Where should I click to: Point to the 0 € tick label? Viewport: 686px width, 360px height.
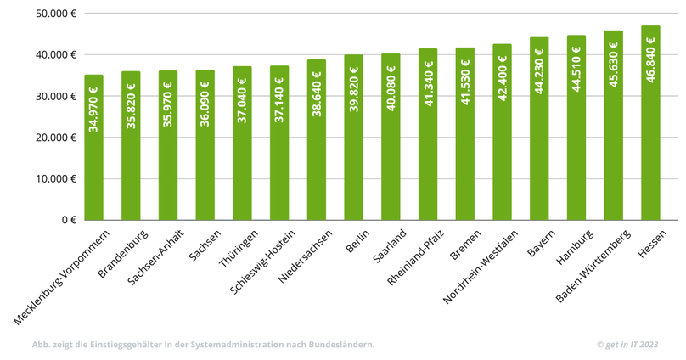(69, 220)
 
